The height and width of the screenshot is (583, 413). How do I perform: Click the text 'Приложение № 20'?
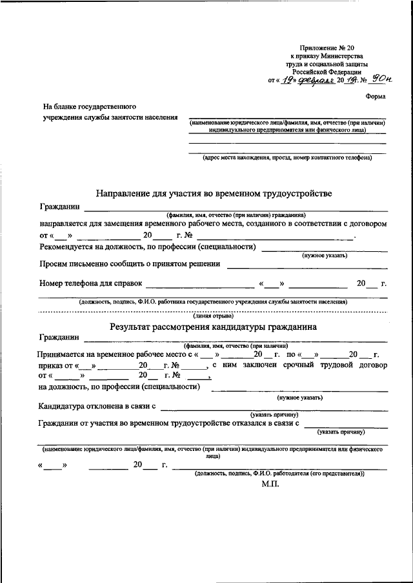(327, 48)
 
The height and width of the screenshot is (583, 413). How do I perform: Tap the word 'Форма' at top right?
(376, 97)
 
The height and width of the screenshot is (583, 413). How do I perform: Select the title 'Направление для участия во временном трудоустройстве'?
(214, 193)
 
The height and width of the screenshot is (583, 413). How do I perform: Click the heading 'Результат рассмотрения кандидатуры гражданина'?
(213, 327)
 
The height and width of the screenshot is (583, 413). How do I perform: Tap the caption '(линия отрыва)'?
(213, 316)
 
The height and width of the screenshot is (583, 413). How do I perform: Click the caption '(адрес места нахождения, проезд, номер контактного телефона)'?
(287, 157)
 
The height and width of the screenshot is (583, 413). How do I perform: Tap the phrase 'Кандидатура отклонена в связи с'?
(97, 406)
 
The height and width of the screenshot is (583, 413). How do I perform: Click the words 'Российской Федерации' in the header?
(327, 73)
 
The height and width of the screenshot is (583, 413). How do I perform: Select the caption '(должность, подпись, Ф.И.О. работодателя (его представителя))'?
(280, 473)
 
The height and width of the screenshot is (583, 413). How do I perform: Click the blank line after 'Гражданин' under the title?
(236, 207)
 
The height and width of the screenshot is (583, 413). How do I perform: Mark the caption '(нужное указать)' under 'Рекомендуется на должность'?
(325, 256)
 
